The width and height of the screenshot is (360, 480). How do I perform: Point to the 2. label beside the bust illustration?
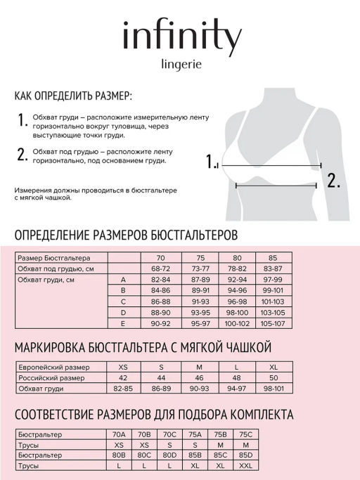click(333, 179)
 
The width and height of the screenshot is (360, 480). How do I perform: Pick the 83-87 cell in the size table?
click(273, 269)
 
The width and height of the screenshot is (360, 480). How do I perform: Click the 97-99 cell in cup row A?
click(273, 280)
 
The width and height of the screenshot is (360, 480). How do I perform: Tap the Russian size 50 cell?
click(273, 378)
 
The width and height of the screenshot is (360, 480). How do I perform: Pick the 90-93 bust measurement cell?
click(198, 389)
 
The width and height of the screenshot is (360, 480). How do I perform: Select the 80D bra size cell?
click(169, 455)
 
